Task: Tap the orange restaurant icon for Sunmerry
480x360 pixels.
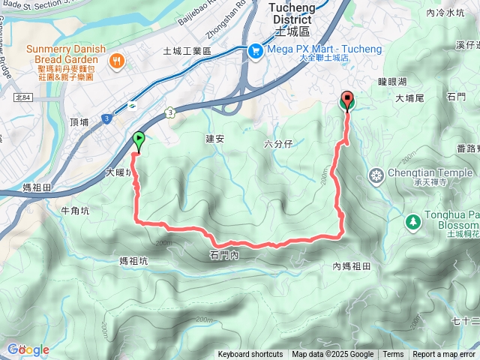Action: pos(116,60)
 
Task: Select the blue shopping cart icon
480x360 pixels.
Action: pos(256,50)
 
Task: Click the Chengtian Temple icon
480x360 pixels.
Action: pos(376,175)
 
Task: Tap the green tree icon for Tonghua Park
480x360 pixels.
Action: pos(412,222)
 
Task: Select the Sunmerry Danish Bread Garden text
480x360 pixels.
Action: pos(63,55)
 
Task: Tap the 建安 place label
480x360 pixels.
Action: pos(215,139)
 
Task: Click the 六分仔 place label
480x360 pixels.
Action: pos(278,143)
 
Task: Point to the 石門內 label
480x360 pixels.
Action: pos(223,256)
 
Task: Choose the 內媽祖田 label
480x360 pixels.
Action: pos(352,266)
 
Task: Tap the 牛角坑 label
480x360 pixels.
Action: pos(75,211)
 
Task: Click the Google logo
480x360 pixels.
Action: pos(28,349)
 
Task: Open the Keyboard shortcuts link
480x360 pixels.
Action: pos(250,355)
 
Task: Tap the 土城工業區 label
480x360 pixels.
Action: pos(187,51)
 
